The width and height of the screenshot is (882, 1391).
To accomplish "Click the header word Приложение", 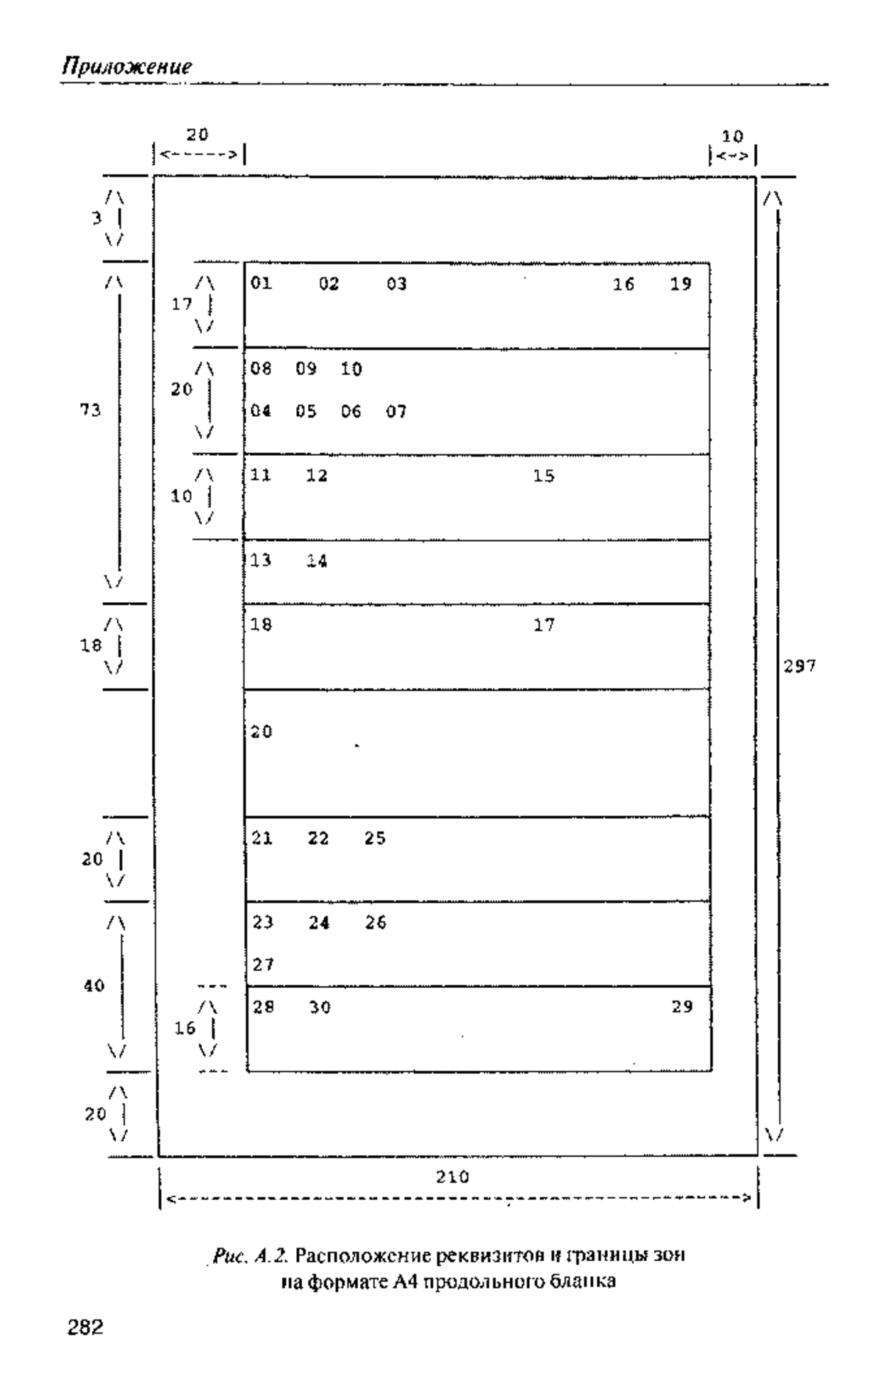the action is click(126, 67).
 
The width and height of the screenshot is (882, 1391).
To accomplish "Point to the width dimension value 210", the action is click(452, 1177).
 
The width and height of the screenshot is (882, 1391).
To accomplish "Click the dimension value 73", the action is click(90, 410).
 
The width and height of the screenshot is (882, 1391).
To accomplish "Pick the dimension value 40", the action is click(93, 986).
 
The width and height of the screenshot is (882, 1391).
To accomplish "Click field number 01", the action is click(261, 283).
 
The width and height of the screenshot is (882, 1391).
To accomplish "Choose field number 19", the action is click(681, 284).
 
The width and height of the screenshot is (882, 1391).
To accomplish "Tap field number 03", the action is click(397, 284).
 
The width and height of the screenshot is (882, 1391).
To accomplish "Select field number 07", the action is click(397, 412).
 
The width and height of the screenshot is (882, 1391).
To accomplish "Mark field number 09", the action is click(306, 368).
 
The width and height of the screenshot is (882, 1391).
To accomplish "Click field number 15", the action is click(544, 476).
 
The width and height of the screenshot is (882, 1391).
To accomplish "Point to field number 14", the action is click(318, 562).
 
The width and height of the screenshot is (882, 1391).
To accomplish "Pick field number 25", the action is click(376, 838).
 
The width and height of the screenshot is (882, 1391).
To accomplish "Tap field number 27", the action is click(263, 965).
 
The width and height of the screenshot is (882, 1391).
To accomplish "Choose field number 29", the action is click(682, 1007).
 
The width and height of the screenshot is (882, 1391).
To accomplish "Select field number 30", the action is click(320, 1008).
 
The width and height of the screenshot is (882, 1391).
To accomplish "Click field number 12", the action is click(317, 476).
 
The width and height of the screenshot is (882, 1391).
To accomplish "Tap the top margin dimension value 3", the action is click(96, 218).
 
